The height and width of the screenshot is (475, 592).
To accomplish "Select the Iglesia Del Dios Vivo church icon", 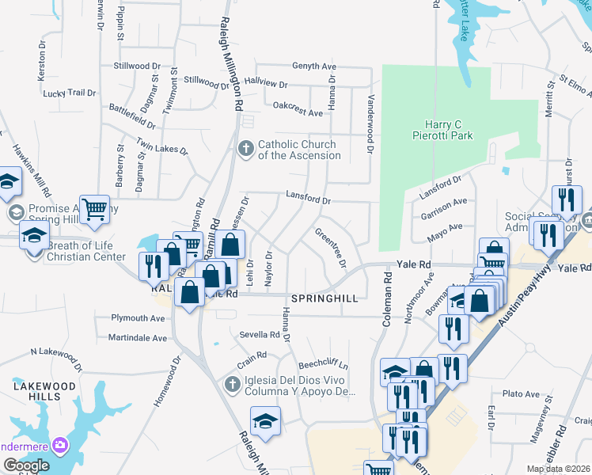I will pyautogui.click(x=232, y=385).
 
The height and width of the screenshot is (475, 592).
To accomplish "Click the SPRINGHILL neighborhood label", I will pyautogui.click(x=325, y=298).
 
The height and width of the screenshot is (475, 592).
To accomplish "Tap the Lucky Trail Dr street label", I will pyautogui.click(x=69, y=93).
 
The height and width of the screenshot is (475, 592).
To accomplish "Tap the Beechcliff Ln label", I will pyautogui.click(x=323, y=366).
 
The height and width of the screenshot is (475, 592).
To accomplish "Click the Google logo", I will pyautogui.click(x=26, y=465).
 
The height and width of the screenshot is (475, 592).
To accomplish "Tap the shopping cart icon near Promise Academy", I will pyautogui.click(x=94, y=209).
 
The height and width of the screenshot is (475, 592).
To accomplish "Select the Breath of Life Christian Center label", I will pyautogui.click(x=85, y=252).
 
